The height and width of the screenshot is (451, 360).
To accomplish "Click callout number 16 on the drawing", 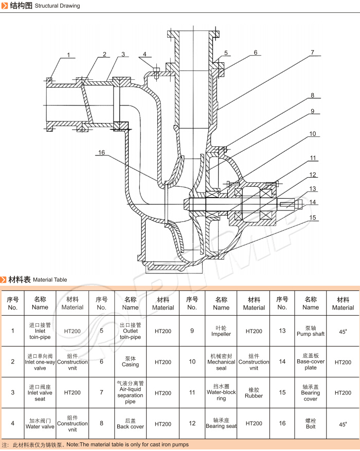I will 101,152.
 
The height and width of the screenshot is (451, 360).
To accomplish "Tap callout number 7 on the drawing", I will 312,52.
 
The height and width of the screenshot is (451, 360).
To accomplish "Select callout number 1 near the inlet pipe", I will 68,55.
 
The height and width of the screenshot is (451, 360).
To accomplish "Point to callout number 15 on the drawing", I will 313,218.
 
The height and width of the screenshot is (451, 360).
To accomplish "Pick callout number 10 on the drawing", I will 313,134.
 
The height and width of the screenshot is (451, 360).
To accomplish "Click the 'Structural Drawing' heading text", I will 57,6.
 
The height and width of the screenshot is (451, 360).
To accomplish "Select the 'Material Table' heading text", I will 50,280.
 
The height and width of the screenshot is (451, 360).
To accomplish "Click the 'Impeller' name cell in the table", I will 221,331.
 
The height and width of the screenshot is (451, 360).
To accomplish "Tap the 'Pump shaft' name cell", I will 311,331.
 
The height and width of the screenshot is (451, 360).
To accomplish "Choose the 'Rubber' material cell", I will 254,393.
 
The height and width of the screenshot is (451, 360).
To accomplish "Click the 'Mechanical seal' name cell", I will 221,362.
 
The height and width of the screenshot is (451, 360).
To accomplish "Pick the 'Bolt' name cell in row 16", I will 311,424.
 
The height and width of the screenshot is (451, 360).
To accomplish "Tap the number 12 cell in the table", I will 192,423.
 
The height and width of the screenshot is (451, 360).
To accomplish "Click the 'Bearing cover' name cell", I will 311,393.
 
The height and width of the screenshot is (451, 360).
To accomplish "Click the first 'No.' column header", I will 13,303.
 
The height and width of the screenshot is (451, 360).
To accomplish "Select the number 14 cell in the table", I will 282,362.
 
